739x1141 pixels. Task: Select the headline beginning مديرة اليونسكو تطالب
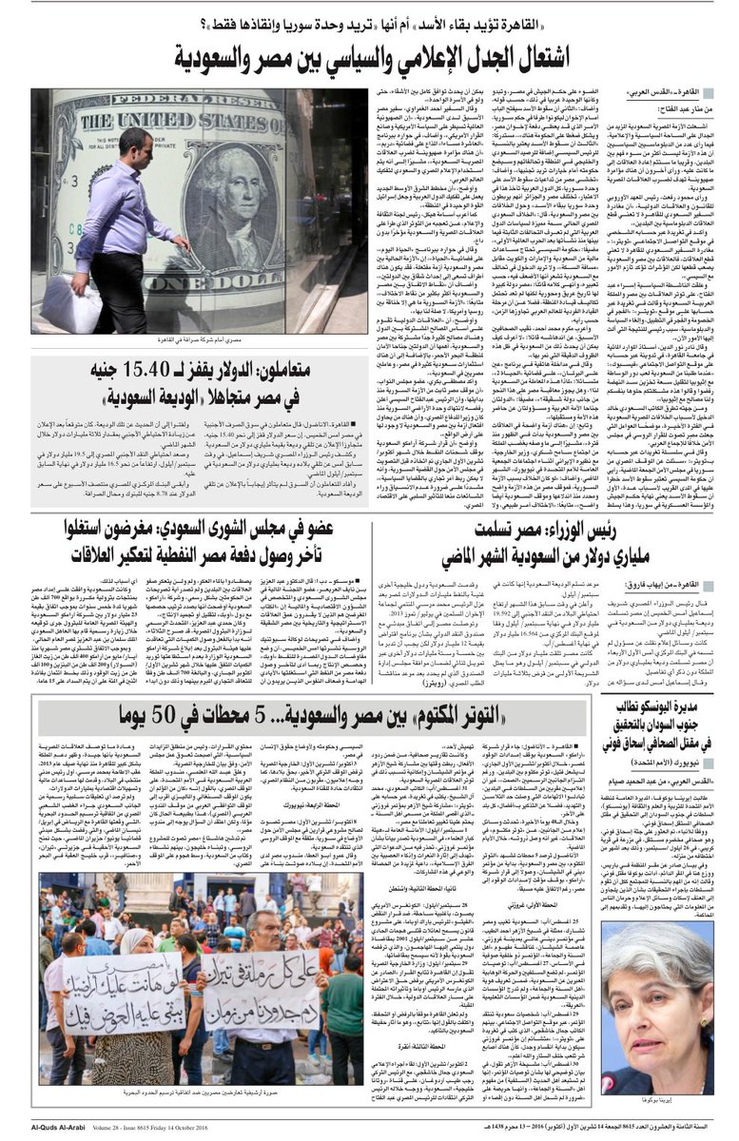(x=656, y=732)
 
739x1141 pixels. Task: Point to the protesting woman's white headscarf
(x=130, y=943)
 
